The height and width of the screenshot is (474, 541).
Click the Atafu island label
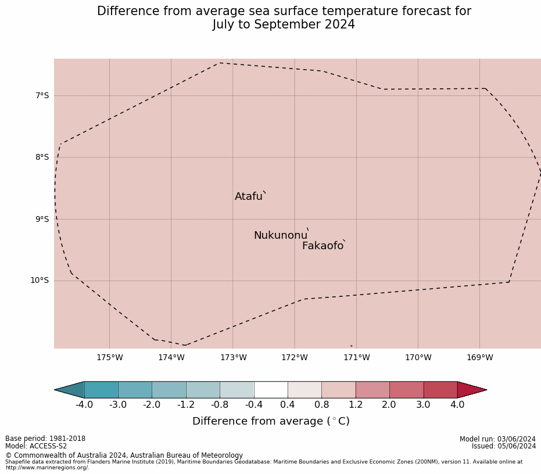click(x=249, y=196)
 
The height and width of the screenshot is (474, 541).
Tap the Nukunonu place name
click(x=280, y=235)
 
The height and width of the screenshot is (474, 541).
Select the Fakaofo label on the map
click(x=323, y=246)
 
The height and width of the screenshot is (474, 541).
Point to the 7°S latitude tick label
click(x=42, y=95)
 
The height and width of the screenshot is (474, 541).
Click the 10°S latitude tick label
click(x=40, y=281)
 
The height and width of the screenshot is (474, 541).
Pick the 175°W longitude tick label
click(x=109, y=357)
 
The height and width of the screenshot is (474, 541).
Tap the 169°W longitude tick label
click(x=479, y=357)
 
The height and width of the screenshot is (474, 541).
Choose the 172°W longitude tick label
click(x=295, y=357)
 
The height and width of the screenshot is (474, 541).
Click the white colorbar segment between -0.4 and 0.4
click(x=271, y=390)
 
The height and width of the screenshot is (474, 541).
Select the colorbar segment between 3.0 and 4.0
click(x=440, y=390)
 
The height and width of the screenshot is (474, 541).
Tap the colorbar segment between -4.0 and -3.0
click(x=101, y=390)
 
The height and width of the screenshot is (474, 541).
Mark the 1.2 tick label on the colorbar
click(x=356, y=404)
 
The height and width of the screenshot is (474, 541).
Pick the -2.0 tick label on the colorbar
click(x=152, y=404)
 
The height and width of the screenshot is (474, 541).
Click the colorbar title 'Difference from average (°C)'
click(x=271, y=421)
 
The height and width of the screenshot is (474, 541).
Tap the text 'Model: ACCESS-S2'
click(x=36, y=446)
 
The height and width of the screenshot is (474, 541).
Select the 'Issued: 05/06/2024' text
click(x=504, y=446)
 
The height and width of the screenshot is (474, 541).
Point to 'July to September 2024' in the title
click(x=284, y=25)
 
